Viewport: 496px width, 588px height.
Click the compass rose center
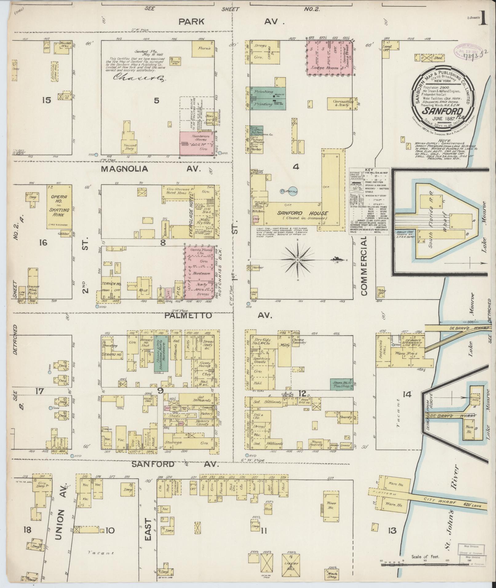pyautogui.click(x=298, y=260)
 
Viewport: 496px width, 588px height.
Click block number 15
pyautogui.click(x=46, y=100)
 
